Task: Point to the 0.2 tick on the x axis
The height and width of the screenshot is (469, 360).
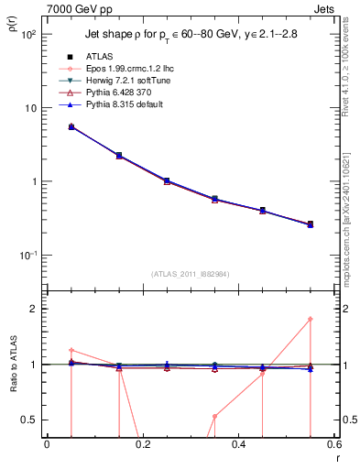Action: coord(142,447)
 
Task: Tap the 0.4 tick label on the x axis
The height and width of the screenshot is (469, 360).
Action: coord(238,447)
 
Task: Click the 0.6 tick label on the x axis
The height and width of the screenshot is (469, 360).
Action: coord(332,447)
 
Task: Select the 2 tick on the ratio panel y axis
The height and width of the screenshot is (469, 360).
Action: coord(34,310)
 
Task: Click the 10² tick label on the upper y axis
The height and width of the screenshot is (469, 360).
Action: coord(27,35)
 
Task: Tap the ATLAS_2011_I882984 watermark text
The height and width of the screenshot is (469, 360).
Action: coord(190,274)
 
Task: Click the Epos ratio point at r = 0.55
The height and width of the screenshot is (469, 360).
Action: coord(311,319)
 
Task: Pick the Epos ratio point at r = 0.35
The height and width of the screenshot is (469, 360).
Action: coord(214,416)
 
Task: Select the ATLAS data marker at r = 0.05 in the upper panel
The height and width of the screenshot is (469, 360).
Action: coord(71,126)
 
